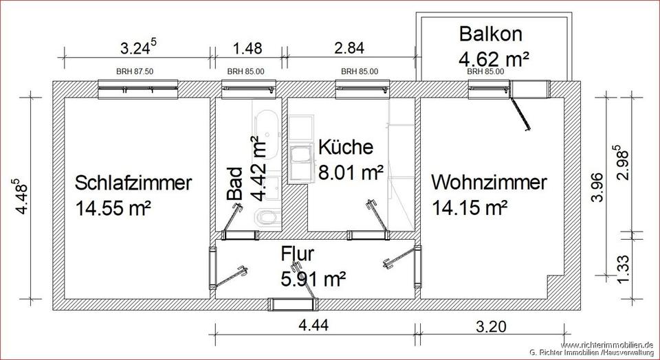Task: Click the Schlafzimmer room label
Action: tap(133, 183)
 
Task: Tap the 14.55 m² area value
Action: tap(113, 207)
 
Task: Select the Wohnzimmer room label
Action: tap(489, 183)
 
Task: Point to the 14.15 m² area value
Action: tap(470, 207)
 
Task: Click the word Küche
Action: tap(345, 147)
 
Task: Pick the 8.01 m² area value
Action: tap(351, 172)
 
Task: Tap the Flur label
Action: tap(298, 254)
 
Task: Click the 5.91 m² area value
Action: tap(313, 278)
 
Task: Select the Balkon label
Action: tap(491, 33)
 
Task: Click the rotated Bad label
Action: tap(235, 183)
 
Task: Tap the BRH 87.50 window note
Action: tap(137, 71)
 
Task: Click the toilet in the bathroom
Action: tap(265, 218)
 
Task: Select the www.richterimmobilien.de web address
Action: tap(606, 344)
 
